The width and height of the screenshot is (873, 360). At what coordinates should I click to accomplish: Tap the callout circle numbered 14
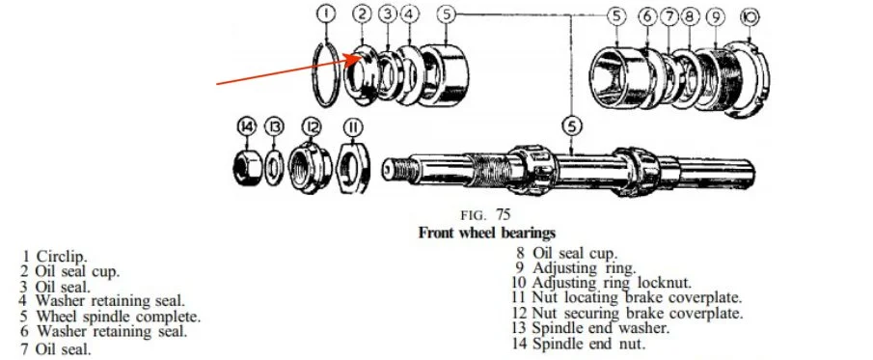(247, 127)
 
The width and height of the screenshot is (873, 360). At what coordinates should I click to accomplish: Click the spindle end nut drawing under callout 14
(247, 165)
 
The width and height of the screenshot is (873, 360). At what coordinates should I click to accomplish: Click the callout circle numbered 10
(750, 16)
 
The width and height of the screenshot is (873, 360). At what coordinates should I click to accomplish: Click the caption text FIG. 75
(485, 214)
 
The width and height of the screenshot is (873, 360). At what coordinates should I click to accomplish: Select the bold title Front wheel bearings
(486, 232)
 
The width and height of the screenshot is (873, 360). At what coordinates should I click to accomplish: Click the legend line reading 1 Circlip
(55, 257)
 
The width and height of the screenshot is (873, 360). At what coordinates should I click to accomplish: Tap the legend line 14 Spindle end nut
(579, 344)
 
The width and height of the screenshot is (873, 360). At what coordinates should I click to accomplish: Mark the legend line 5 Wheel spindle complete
(111, 318)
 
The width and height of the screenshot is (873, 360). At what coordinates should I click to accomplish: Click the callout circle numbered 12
(312, 127)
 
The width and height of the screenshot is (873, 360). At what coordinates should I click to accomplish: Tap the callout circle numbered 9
(716, 16)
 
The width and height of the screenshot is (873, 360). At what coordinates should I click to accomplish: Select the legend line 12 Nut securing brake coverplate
(627, 313)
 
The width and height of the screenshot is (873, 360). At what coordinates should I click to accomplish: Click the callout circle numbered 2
(362, 14)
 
